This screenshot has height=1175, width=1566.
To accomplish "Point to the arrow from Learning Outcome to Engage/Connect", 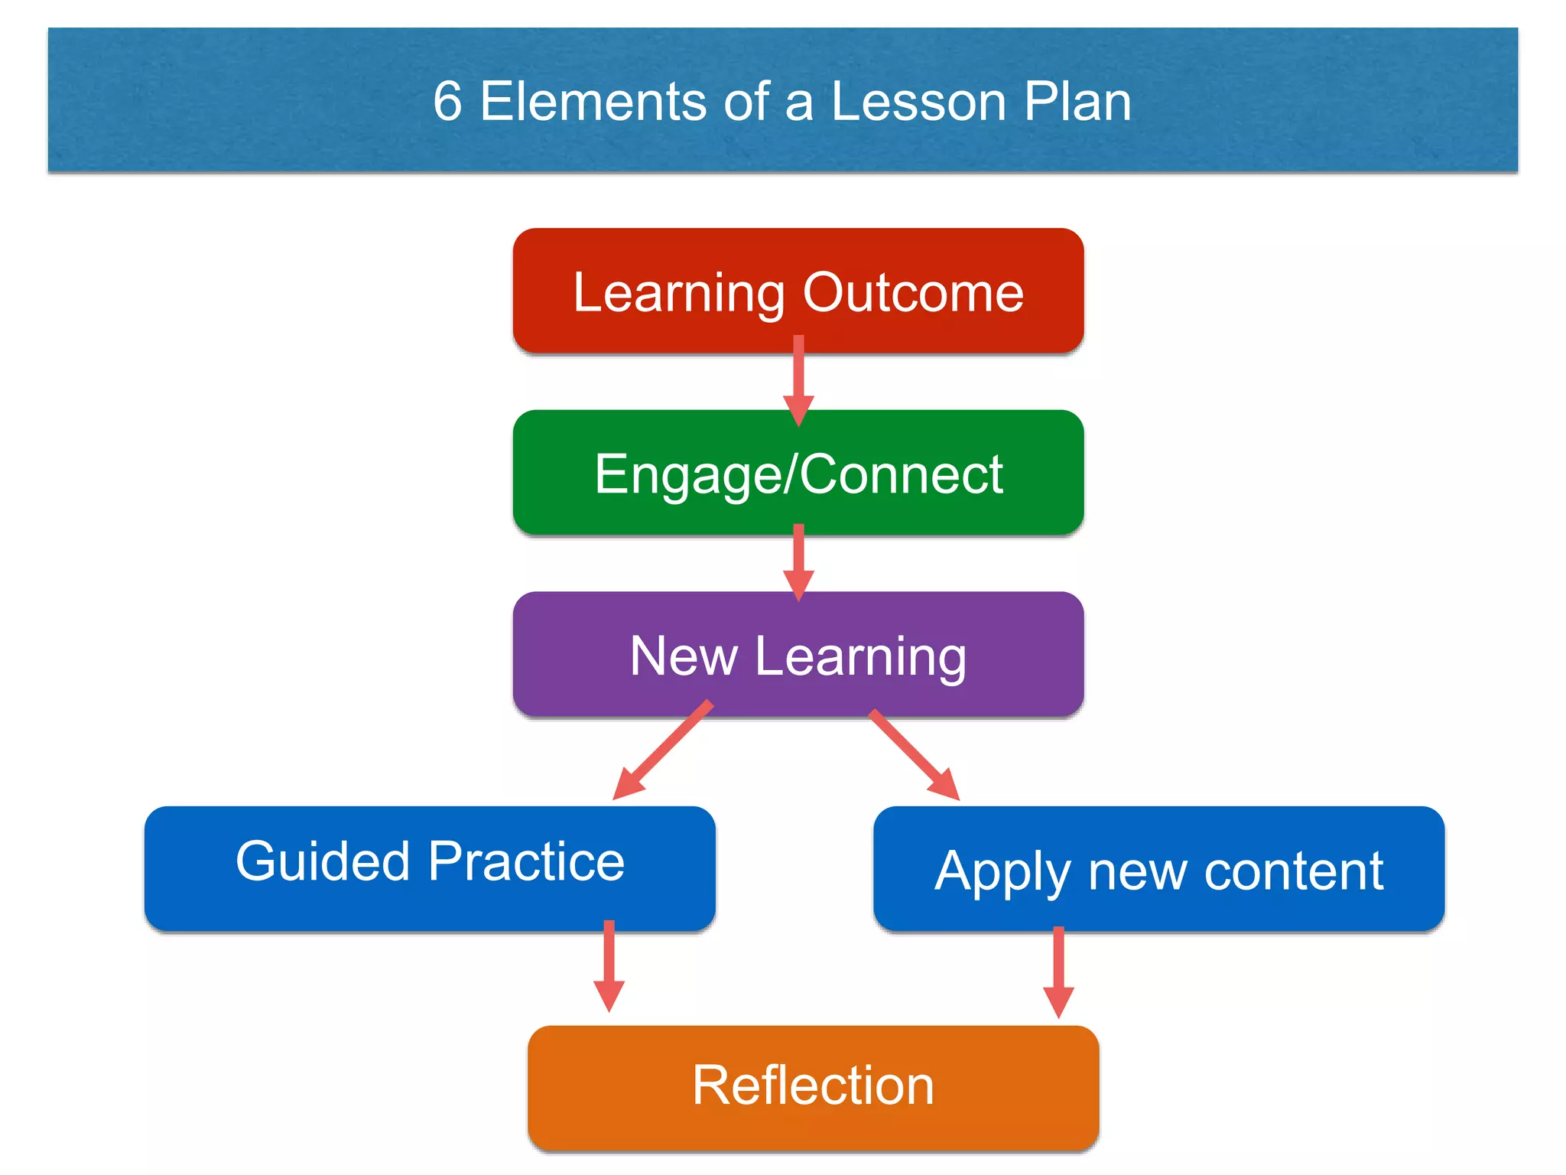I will pos(798,379).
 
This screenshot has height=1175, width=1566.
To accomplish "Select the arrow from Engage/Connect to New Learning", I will pos(798,562).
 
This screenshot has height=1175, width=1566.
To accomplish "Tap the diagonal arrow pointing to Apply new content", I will pos(915,754).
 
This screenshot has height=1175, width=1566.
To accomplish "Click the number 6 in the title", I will pos(447,101).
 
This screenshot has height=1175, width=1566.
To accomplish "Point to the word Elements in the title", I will pos(593,101).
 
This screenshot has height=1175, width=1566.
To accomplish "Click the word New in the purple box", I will pos(684,656).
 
